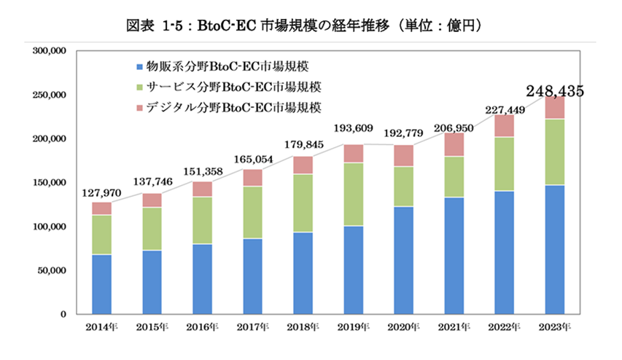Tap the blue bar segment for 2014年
coord(102,284)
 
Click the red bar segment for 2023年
coord(554,108)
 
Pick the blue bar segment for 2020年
coord(403,260)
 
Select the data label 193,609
coord(353,128)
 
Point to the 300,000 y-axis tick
coord(50,52)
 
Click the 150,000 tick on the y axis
coord(50,183)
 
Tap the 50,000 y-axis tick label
coord(53,270)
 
